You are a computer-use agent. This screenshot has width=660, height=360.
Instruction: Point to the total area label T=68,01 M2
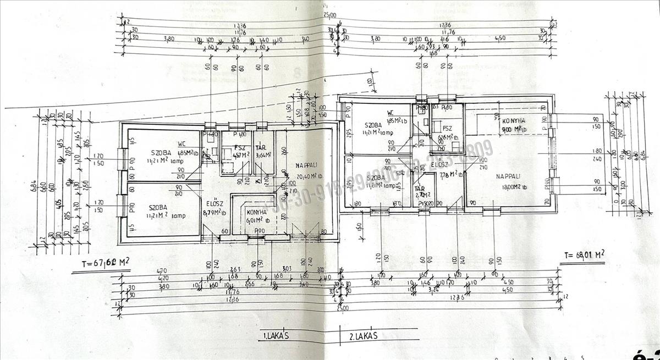585,254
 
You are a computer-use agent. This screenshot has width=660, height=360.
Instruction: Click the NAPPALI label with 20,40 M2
306,165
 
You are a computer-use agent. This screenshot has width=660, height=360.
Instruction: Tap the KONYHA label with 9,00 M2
514,120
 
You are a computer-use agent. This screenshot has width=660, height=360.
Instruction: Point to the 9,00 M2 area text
514,129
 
